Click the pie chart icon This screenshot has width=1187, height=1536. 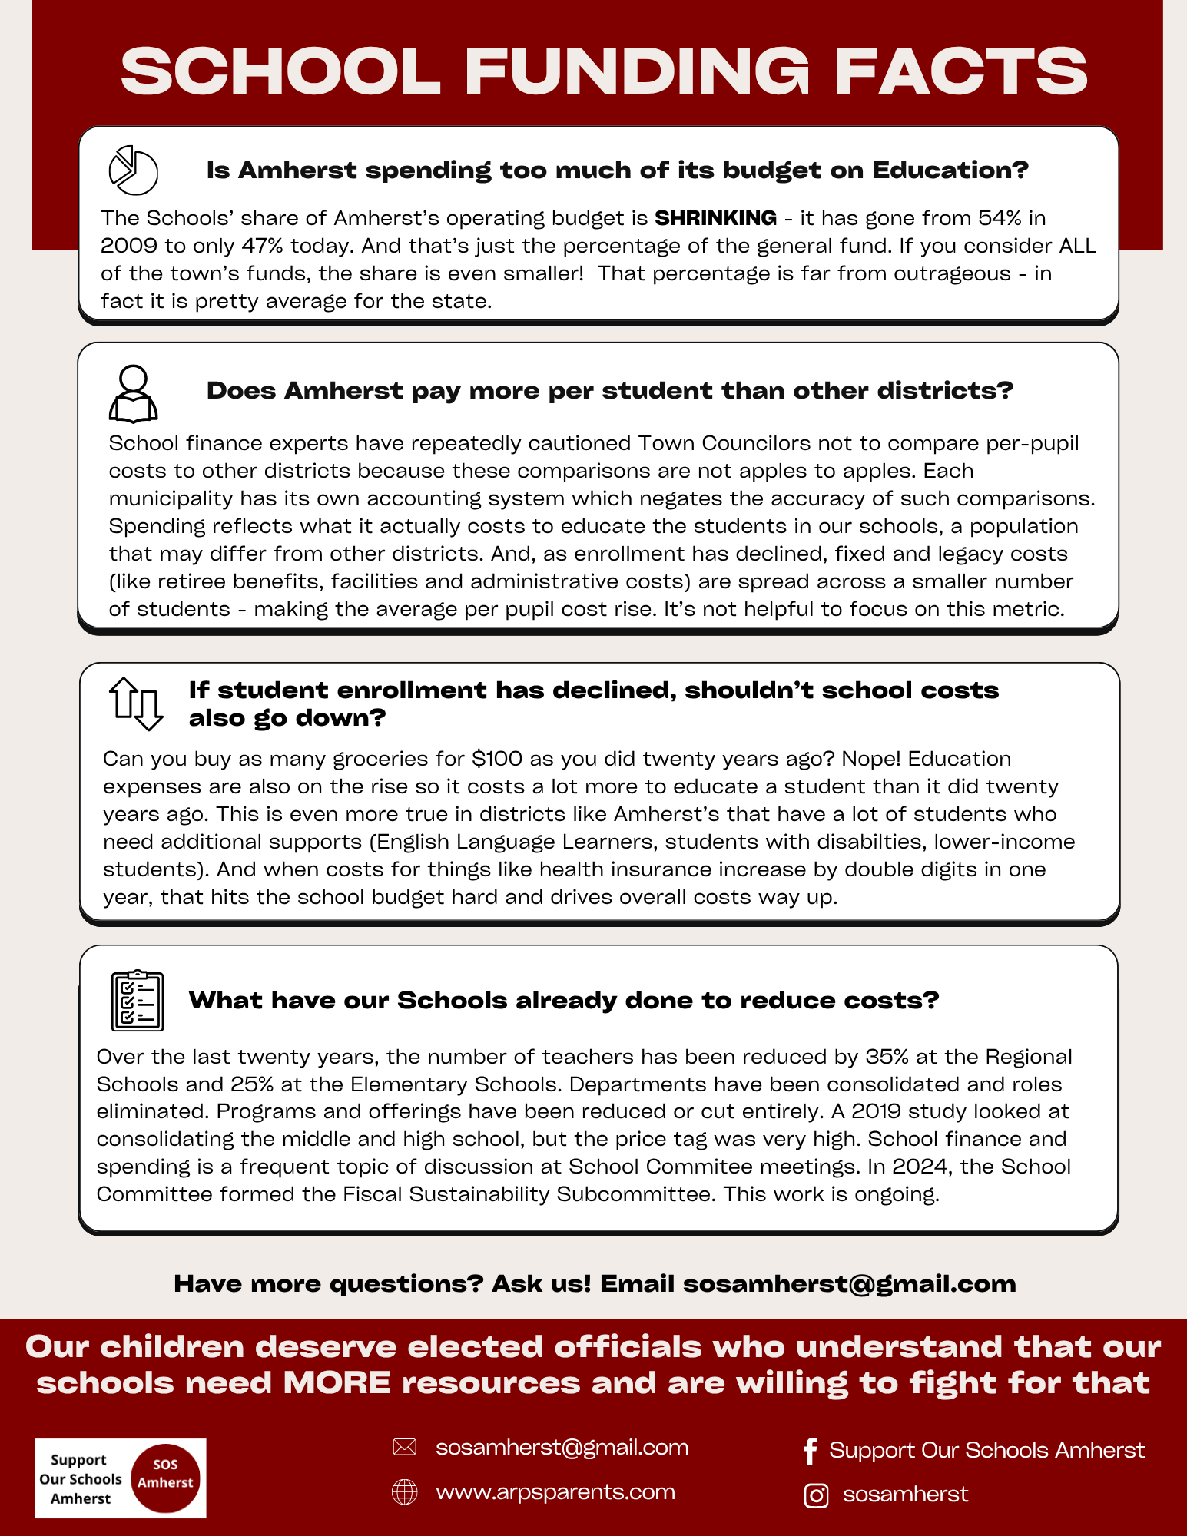coord(133,170)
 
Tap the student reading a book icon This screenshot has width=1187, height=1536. coord(133,393)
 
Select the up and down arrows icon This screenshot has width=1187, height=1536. coord(135,703)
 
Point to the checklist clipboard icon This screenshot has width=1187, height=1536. coord(138,1000)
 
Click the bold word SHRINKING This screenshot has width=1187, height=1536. coord(715,218)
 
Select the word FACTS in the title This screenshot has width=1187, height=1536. coord(961,71)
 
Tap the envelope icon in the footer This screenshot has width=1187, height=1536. coord(404,1448)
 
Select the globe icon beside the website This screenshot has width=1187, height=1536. coord(404,1492)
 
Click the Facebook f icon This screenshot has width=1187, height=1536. coord(810,1451)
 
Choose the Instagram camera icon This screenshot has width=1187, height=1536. coord(815,1495)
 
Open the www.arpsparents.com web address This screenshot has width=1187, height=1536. coord(555,1492)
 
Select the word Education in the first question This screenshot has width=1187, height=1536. coord(950,170)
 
